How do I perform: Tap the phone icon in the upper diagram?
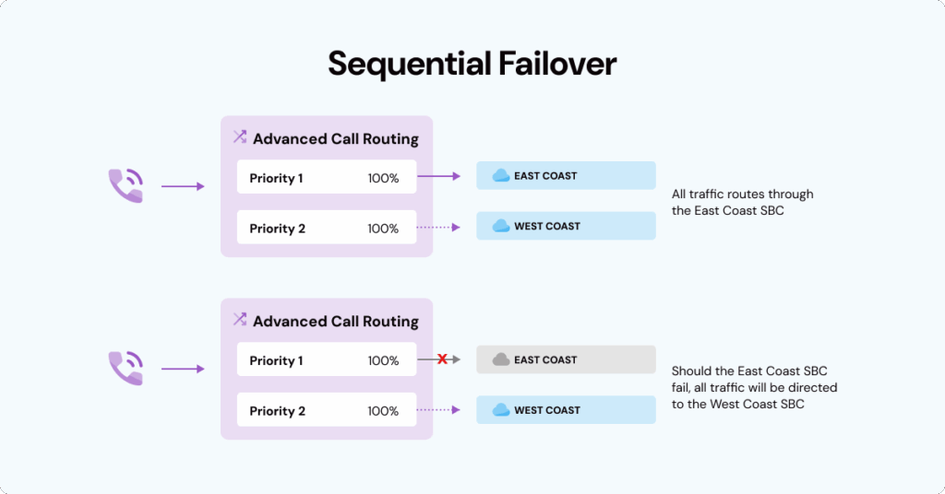pyautogui.click(x=126, y=185)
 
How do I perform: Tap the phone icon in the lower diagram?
pyautogui.click(x=126, y=368)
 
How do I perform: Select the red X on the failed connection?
pyautogui.click(x=442, y=359)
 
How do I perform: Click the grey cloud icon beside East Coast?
pyautogui.click(x=501, y=359)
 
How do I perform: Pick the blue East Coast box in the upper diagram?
pyautogui.click(x=566, y=176)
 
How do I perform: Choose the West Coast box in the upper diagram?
pyautogui.click(x=566, y=226)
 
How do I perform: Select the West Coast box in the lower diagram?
pyautogui.click(x=566, y=410)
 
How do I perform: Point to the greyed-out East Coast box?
pyautogui.click(x=566, y=359)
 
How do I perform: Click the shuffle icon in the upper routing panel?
pyautogui.click(x=240, y=137)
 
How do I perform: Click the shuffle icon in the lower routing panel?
pyautogui.click(x=240, y=320)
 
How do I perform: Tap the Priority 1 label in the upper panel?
pyautogui.click(x=276, y=178)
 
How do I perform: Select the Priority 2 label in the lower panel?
pyautogui.click(x=277, y=411)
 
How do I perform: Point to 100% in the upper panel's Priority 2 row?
pyautogui.click(x=383, y=229)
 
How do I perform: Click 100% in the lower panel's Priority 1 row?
pyautogui.click(x=383, y=360)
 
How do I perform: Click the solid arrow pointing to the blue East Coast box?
pyautogui.click(x=439, y=176)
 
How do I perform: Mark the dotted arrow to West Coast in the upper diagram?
pyautogui.click(x=439, y=227)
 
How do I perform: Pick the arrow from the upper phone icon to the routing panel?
pyautogui.click(x=183, y=186)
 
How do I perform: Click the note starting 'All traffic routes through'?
pyautogui.click(x=742, y=203)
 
